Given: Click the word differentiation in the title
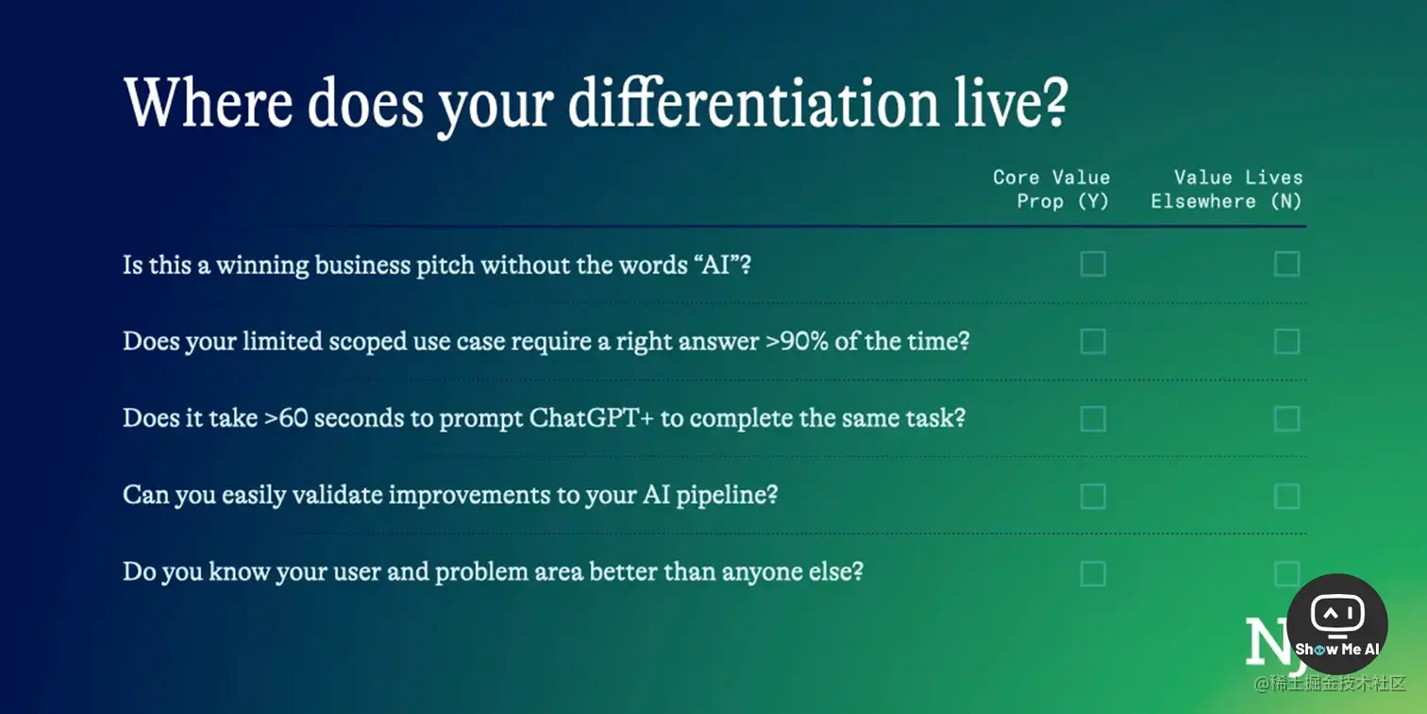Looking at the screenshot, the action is [754, 102].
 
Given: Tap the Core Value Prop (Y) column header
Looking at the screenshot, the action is [1051, 189].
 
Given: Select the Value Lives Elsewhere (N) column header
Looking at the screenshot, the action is [1226, 189].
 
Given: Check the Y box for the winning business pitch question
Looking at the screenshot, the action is [1093, 263].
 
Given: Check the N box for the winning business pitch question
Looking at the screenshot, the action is [1287, 263].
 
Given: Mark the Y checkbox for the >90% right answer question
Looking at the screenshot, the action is [1093, 342].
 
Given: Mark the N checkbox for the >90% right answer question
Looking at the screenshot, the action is [1287, 342].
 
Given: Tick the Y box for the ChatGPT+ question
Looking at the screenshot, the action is [1093, 418].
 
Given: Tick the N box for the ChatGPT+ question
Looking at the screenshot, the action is [1287, 418].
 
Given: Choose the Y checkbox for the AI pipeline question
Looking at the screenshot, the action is [1093, 496].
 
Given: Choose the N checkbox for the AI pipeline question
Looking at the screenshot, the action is [1287, 496].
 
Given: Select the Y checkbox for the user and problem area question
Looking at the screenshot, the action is [1093, 574].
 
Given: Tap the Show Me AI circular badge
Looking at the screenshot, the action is [1337, 624].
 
